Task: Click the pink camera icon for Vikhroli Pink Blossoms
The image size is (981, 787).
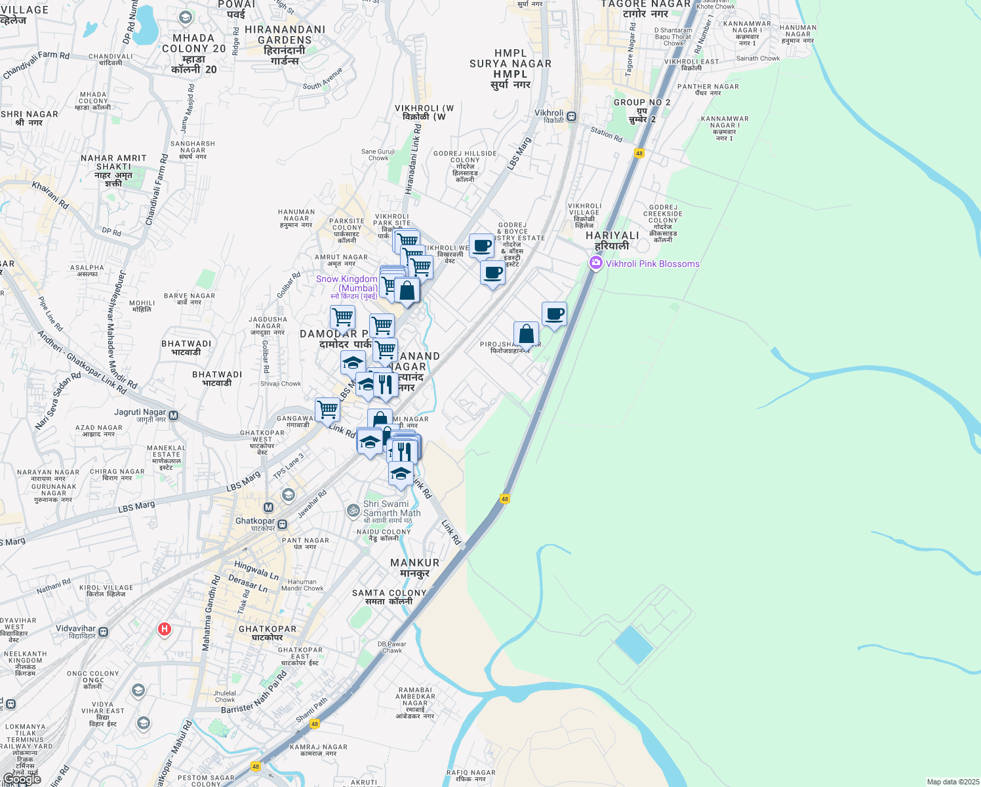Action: coord(595,264)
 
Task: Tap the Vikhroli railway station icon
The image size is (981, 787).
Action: coord(572,116)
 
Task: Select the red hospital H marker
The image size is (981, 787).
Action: coord(165,630)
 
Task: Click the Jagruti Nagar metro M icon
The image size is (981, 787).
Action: coord(174,415)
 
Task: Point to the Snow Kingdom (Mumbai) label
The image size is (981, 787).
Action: coord(347,283)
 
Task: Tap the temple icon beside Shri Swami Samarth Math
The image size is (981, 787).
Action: coord(353,510)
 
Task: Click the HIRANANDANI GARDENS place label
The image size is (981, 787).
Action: coord(285,45)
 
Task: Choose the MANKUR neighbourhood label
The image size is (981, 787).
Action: coord(414,567)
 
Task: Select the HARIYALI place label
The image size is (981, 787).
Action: coord(612,240)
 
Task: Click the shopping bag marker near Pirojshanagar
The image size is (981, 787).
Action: coord(526,334)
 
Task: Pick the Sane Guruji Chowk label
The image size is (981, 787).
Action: coord(378,155)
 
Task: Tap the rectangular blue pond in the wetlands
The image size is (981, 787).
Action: coord(634,645)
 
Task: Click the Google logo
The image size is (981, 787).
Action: coord(22,779)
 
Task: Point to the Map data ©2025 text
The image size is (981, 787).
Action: coord(953,782)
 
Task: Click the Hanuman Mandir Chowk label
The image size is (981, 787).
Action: coord(302,585)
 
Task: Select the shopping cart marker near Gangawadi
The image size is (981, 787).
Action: coord(327,411)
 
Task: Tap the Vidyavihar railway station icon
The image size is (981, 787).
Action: coord(104,632)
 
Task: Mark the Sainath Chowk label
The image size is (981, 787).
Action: coord(758,58)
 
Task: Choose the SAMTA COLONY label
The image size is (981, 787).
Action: coord(389,597)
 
